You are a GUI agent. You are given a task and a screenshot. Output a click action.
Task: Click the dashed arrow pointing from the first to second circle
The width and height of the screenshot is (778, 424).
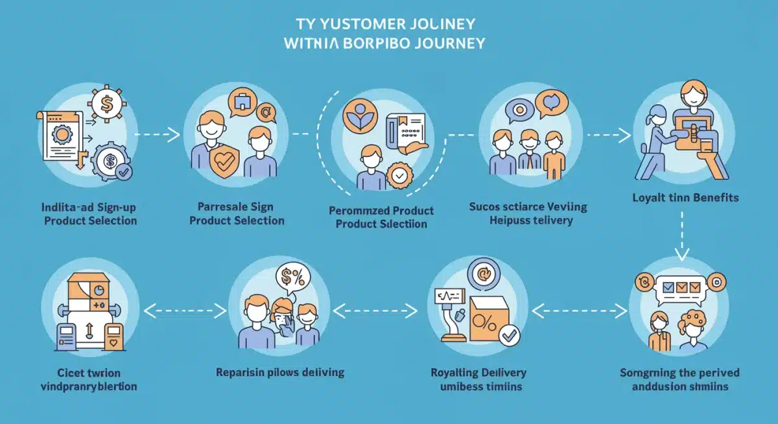click(x=158, y=135)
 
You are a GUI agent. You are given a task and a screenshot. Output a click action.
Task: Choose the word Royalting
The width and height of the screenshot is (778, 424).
click(x=453, y=373)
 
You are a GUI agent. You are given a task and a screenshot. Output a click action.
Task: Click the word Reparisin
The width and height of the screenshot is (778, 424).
click(x=241, y=372)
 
